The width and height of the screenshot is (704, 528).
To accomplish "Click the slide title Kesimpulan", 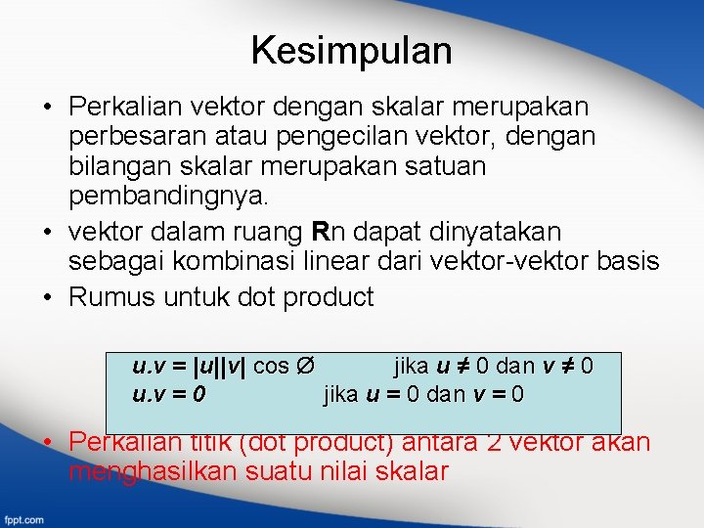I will pyautogui.click(x=351, y=50).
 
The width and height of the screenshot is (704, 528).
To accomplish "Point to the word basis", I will pyautogui.click(x=632, y=262).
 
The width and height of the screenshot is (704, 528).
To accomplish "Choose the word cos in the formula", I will pyautogui.click(x=271, y=367).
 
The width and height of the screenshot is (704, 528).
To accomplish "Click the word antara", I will pyautogui.click(x=439, y=442).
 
